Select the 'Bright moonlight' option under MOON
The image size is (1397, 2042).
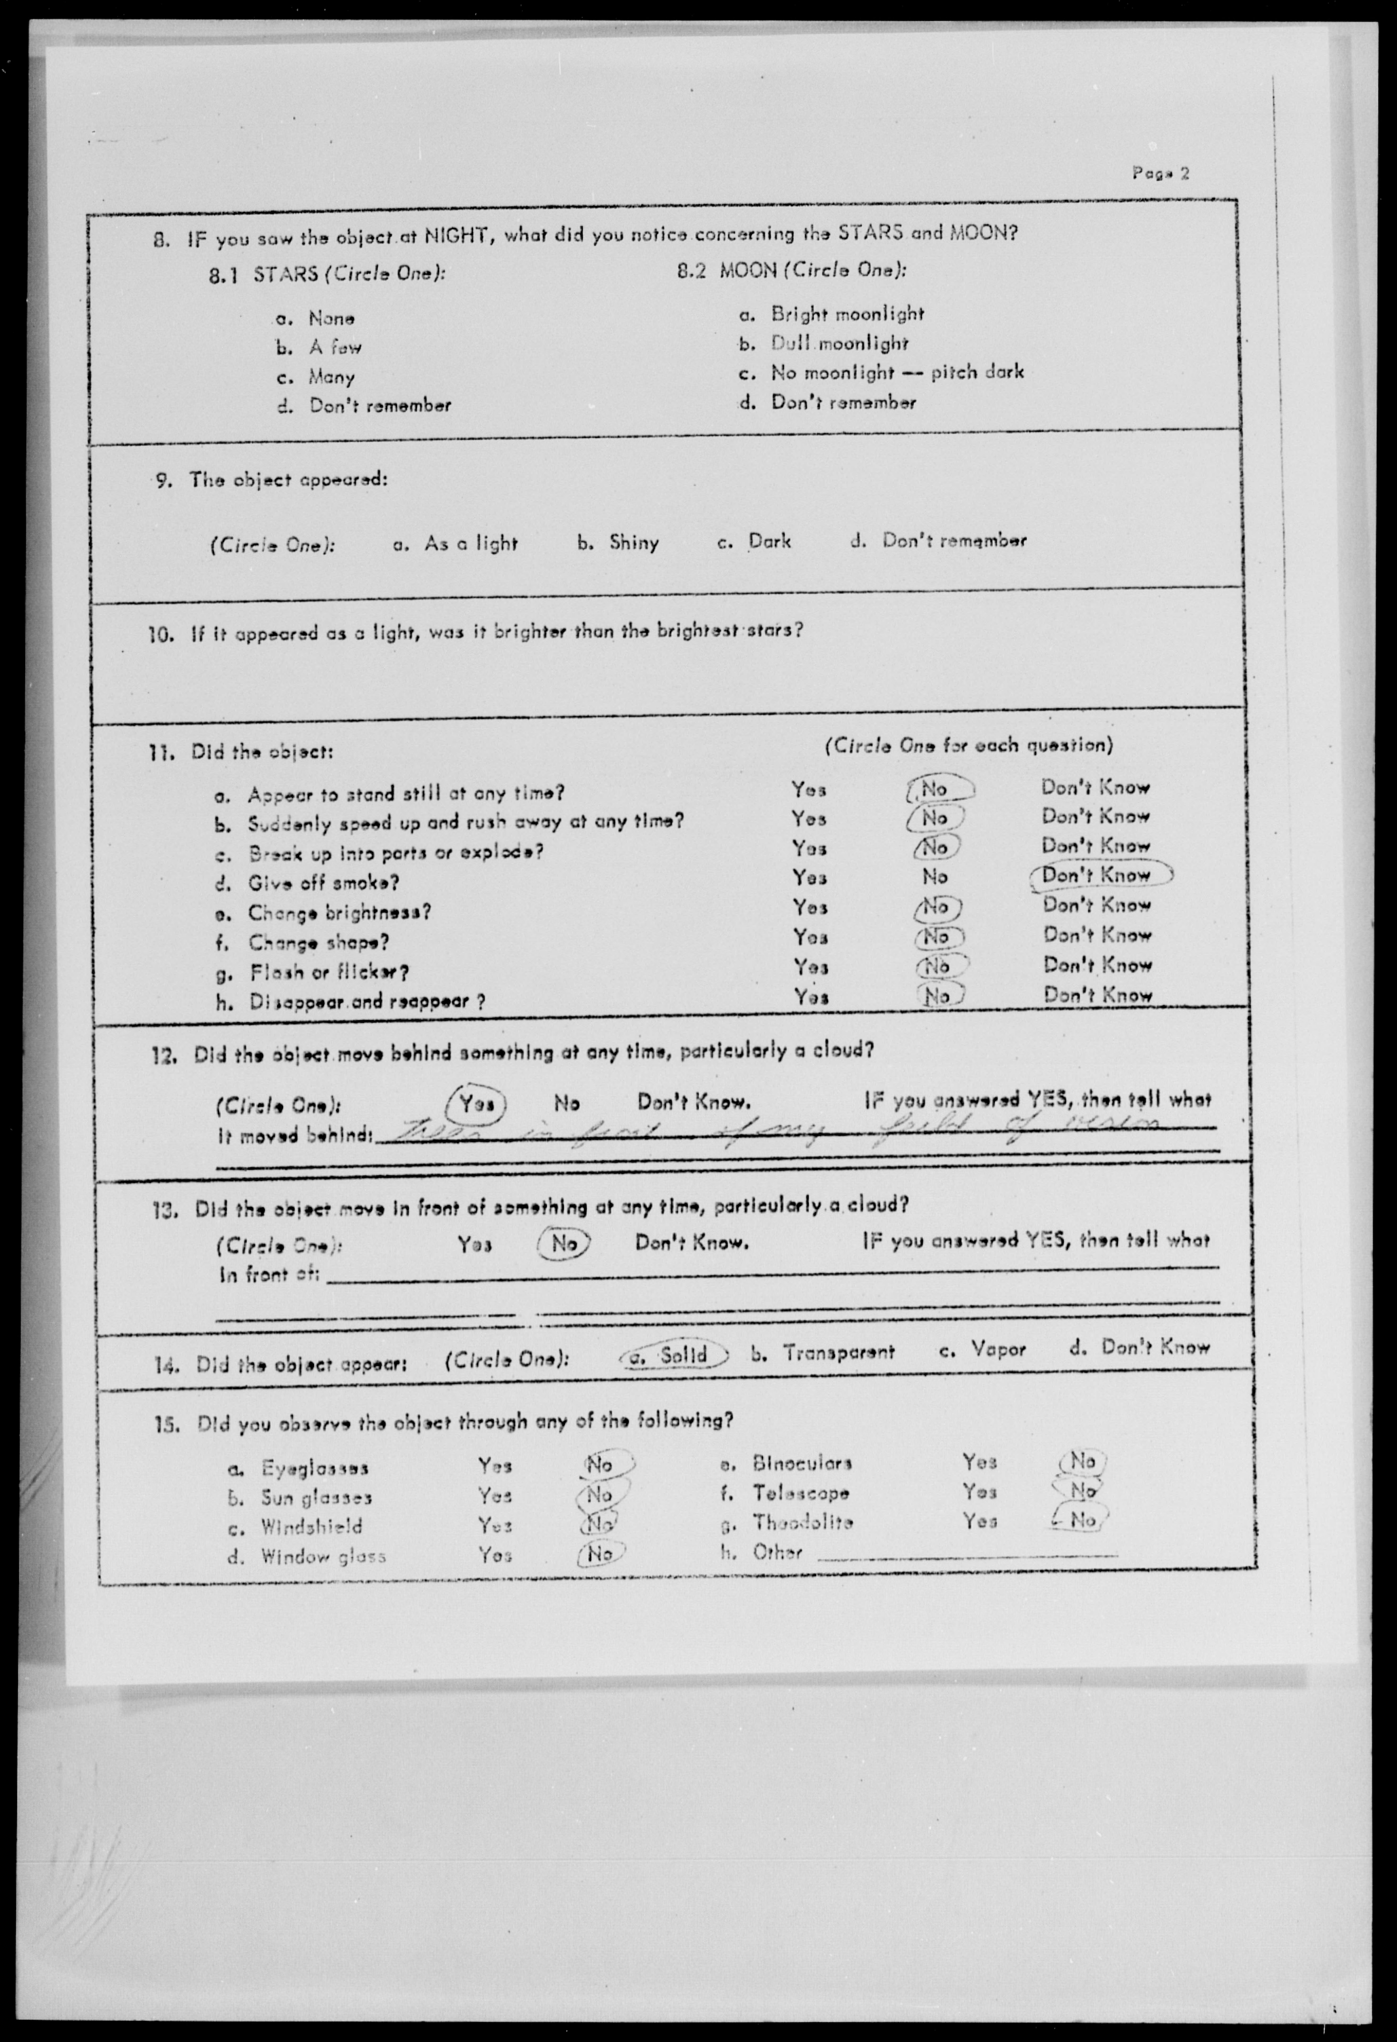click(x=847, y=314)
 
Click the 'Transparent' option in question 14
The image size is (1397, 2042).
click(x=838, y=1352)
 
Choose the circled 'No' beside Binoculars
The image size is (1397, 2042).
click(x=1082, y=1461)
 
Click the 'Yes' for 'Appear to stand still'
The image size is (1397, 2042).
click(x=808, y=790)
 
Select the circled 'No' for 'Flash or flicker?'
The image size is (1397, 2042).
click(x=938, y=966)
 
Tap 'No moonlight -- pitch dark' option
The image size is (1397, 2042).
click(x=897, y=373)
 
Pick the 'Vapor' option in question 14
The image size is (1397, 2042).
click(x=998, y=1349)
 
